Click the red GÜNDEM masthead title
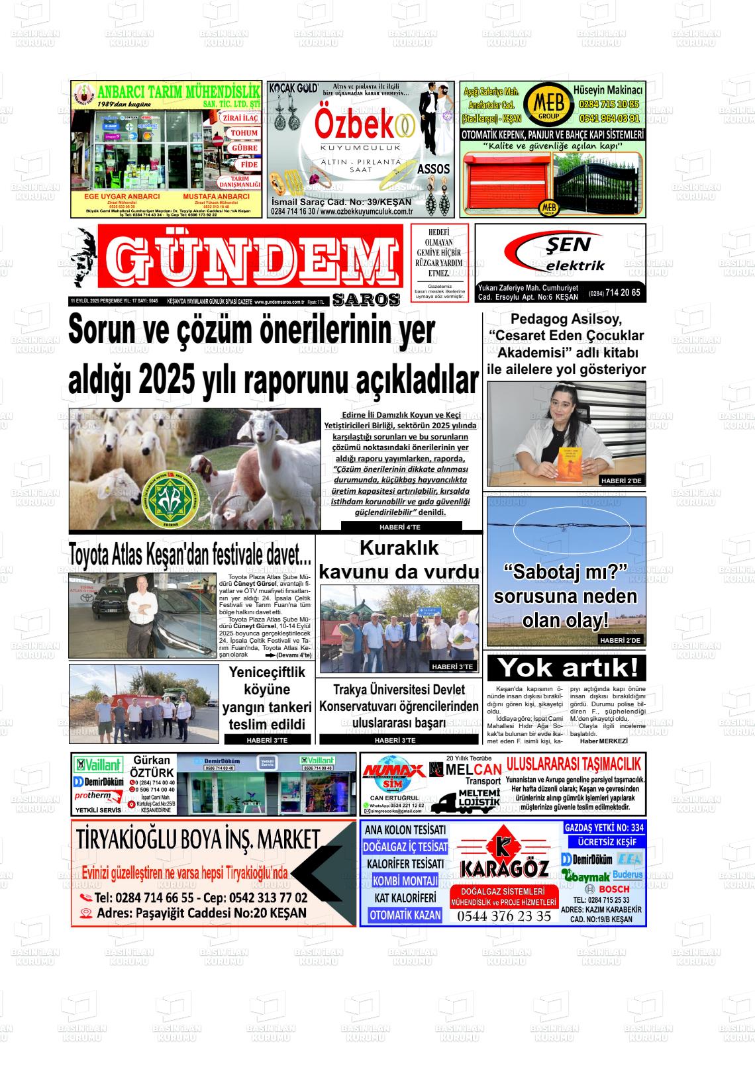tap(250, 259)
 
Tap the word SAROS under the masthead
tap(366, 300)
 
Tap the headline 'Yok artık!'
tap(566, 668)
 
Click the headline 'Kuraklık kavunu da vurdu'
tap(399, 560)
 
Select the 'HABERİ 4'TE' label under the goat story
tap(401, 527)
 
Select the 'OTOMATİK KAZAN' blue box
tap(405, 915)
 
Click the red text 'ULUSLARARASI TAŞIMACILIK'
tap(574, 765)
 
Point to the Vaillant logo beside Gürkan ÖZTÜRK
tap(99, 765)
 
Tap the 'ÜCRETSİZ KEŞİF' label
tap(603, 842)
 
